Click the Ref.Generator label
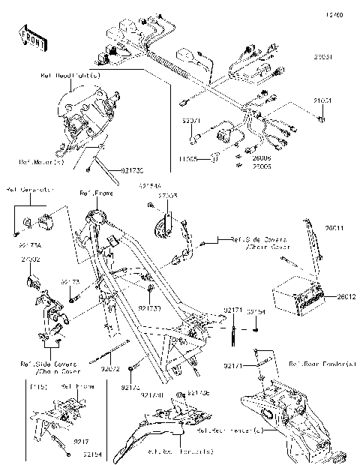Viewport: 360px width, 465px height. [x=28, y=190]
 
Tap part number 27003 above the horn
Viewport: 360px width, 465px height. [x=167, y=195]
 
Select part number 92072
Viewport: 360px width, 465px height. [x=110, y=369]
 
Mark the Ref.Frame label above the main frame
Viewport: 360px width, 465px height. [x=95, y=193]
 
